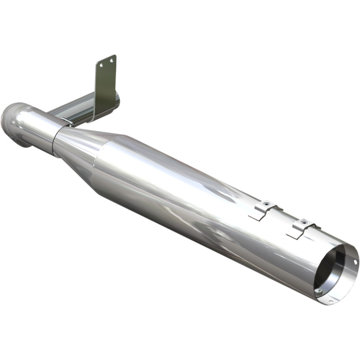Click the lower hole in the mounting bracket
point(102,65)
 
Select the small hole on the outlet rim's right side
point(355,261)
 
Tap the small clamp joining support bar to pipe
point(67,121)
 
